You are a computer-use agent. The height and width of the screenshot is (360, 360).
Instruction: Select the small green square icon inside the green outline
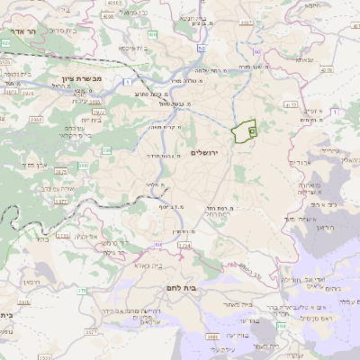pyautogui.click(x=251, y=130)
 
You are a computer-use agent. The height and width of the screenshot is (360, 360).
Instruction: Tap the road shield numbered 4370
pyautogui.click(x=326, y=67)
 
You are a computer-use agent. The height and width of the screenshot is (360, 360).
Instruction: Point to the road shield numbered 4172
pyautogui.click(x=290, y=105)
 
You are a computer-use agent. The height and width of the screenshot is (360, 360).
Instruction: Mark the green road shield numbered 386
pyautogui.click(x=83, y=166)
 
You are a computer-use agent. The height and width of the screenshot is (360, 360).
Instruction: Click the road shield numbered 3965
pyautogui.click(x=61, y=119)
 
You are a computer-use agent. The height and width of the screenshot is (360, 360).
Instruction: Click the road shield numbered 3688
pyautogui.click(x=212, y=337)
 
